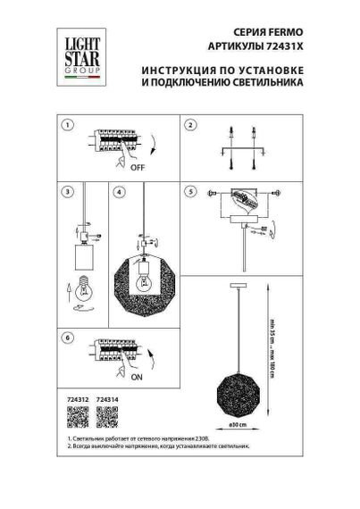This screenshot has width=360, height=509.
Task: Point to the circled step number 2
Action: tap(189, 125)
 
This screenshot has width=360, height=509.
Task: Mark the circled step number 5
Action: tap(189, 192)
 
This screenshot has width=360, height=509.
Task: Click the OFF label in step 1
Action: tap(138, 167)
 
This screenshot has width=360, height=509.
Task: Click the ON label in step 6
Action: tap(138, 377)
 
